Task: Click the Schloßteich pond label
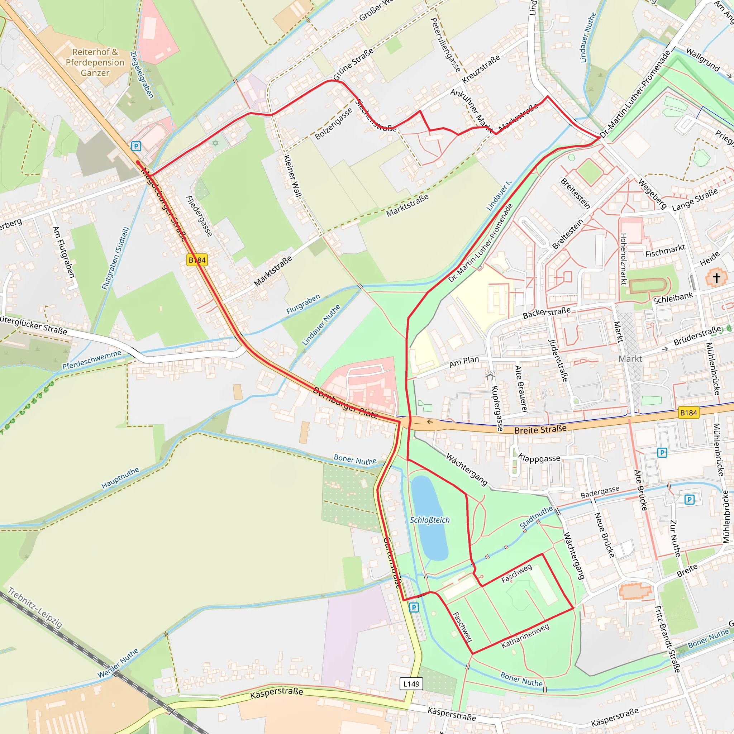click(x=429, y=520)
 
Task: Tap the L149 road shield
click(x=411, y=684)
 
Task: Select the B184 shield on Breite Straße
click(x=688, y=413)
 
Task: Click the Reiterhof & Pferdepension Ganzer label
click(x=95, y=62)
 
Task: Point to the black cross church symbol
click(x=716, y=278)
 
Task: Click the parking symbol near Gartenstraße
click(x=414, y=607)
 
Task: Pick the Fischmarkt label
click(x=665, y=251)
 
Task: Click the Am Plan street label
click(x=464, y=362)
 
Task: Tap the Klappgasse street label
click(x=539, y=458)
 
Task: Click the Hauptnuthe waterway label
click(x=120, y=478)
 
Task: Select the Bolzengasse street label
click(x=334, y=124)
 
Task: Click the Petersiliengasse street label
click(x=445, y=45)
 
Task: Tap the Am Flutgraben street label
click(x=63, y=252)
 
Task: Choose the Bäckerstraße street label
click(x=546, y=313)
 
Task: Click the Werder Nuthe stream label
click(x=118, y=663)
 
